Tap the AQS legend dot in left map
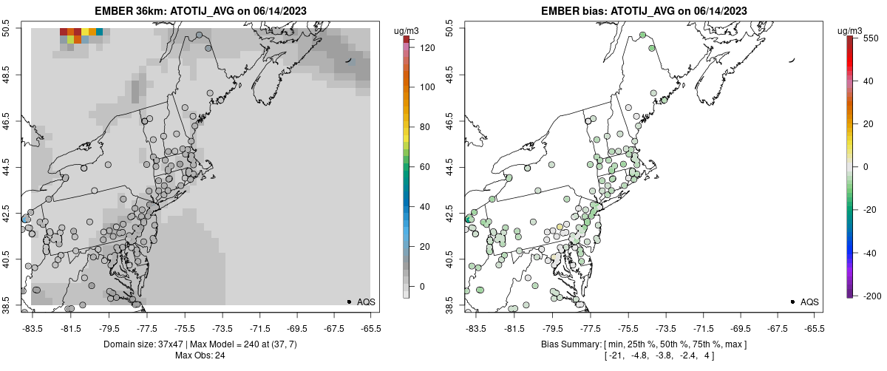click(348, 302)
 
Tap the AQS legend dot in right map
click(792, 302)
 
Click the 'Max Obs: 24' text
click(200, 355)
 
